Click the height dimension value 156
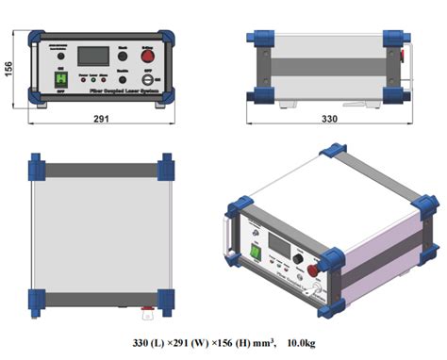[x=8, y=70]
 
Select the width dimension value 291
[x=101, y=120]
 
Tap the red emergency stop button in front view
[x=148, y=52]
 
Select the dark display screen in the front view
[x=91, y=54]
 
